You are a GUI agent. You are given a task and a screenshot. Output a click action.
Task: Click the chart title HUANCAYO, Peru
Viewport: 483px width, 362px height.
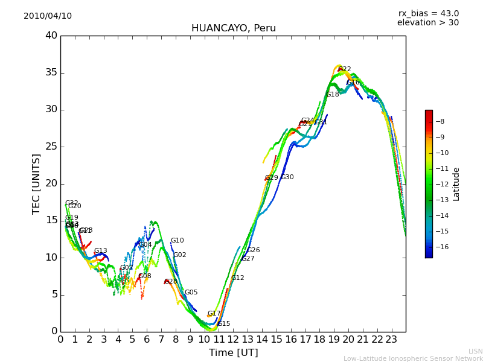(x=233, y=28)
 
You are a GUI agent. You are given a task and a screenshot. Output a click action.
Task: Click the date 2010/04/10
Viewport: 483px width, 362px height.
(x=48, y=16)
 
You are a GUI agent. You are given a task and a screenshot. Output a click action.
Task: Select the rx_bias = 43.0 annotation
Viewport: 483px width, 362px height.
(x=428, y=14)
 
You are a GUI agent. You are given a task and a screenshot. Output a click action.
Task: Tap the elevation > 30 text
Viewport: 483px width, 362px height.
(x=427, y=23)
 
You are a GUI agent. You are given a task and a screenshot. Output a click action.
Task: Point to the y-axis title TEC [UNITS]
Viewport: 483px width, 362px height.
(x=37, y=183)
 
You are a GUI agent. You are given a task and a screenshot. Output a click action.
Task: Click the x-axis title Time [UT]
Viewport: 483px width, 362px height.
(x=233, y=353)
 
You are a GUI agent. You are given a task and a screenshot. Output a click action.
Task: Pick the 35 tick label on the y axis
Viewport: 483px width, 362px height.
(x=51, y=73)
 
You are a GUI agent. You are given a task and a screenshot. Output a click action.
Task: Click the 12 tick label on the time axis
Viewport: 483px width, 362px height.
(x=233, y=340)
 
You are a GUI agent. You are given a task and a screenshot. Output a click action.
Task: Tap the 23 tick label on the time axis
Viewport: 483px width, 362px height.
(x=391, y=340)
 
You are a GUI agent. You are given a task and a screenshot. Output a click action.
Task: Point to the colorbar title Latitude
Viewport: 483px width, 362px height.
(x=456, y=184)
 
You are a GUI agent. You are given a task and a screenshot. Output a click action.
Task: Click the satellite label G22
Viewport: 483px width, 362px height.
(x=345, y=69)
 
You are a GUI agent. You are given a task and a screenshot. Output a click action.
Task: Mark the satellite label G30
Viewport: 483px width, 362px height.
(x=287, y=177)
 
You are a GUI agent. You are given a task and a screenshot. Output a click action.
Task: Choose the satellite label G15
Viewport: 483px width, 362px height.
(x=224, y=324)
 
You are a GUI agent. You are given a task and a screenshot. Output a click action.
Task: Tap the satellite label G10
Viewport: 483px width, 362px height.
(x=177, y=241)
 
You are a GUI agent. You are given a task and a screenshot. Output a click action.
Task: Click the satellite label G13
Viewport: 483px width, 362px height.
(x=100, y=251)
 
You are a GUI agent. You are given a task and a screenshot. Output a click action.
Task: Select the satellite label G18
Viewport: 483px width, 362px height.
(x=333, y=95)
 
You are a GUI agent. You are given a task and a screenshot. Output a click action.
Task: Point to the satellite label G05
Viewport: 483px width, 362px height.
(x=191, y=293)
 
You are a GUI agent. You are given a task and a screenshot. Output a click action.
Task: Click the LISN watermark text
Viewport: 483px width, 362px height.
(x=475, y=351)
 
